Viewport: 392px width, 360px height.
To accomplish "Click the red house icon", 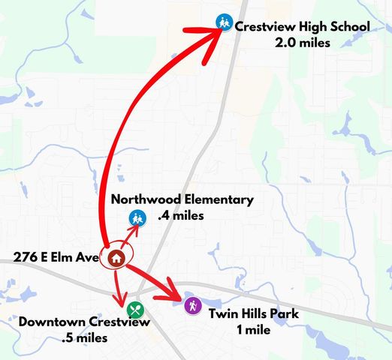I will pyautogui.click(x=116, y=257).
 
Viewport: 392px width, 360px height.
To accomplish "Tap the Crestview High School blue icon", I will pyautogui.click(x=223, y=22).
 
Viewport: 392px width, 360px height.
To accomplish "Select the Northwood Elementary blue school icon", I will pyautogui.click(x=136, y=218).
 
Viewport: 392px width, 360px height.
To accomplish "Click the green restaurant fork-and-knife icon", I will pyautogui.click(x=135, y=308).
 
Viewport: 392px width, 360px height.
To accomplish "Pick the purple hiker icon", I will pyautogui.click(x=194, y=306).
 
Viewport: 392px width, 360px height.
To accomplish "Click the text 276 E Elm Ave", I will pyautogui.click(x=56, y=257).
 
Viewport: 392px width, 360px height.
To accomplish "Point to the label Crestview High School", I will pyautogui.click(x=303, y=27).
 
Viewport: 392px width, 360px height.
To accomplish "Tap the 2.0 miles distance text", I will pyautogui.click(x=303, y=43).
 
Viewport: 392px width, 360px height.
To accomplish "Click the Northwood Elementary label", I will pyautogui.click(x=182, y=199).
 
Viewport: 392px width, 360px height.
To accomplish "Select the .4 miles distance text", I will pyautogui.click(x=181, y=215).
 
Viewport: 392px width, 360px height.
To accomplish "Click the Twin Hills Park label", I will pyautogui.click(x=254, y=313).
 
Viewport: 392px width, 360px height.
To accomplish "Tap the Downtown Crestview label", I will pyautogui.click(x=85, y=322).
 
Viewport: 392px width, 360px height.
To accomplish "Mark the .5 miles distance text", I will pyautogui.click(x=85, y=338).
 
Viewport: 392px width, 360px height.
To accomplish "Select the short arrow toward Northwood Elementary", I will pyautogui.click(x=128, y=231).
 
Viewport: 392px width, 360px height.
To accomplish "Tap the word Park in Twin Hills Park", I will pyautogui.click(x=284, y=313).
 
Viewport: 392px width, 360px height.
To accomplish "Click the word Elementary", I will pyautogui.click(x=215, y=199).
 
